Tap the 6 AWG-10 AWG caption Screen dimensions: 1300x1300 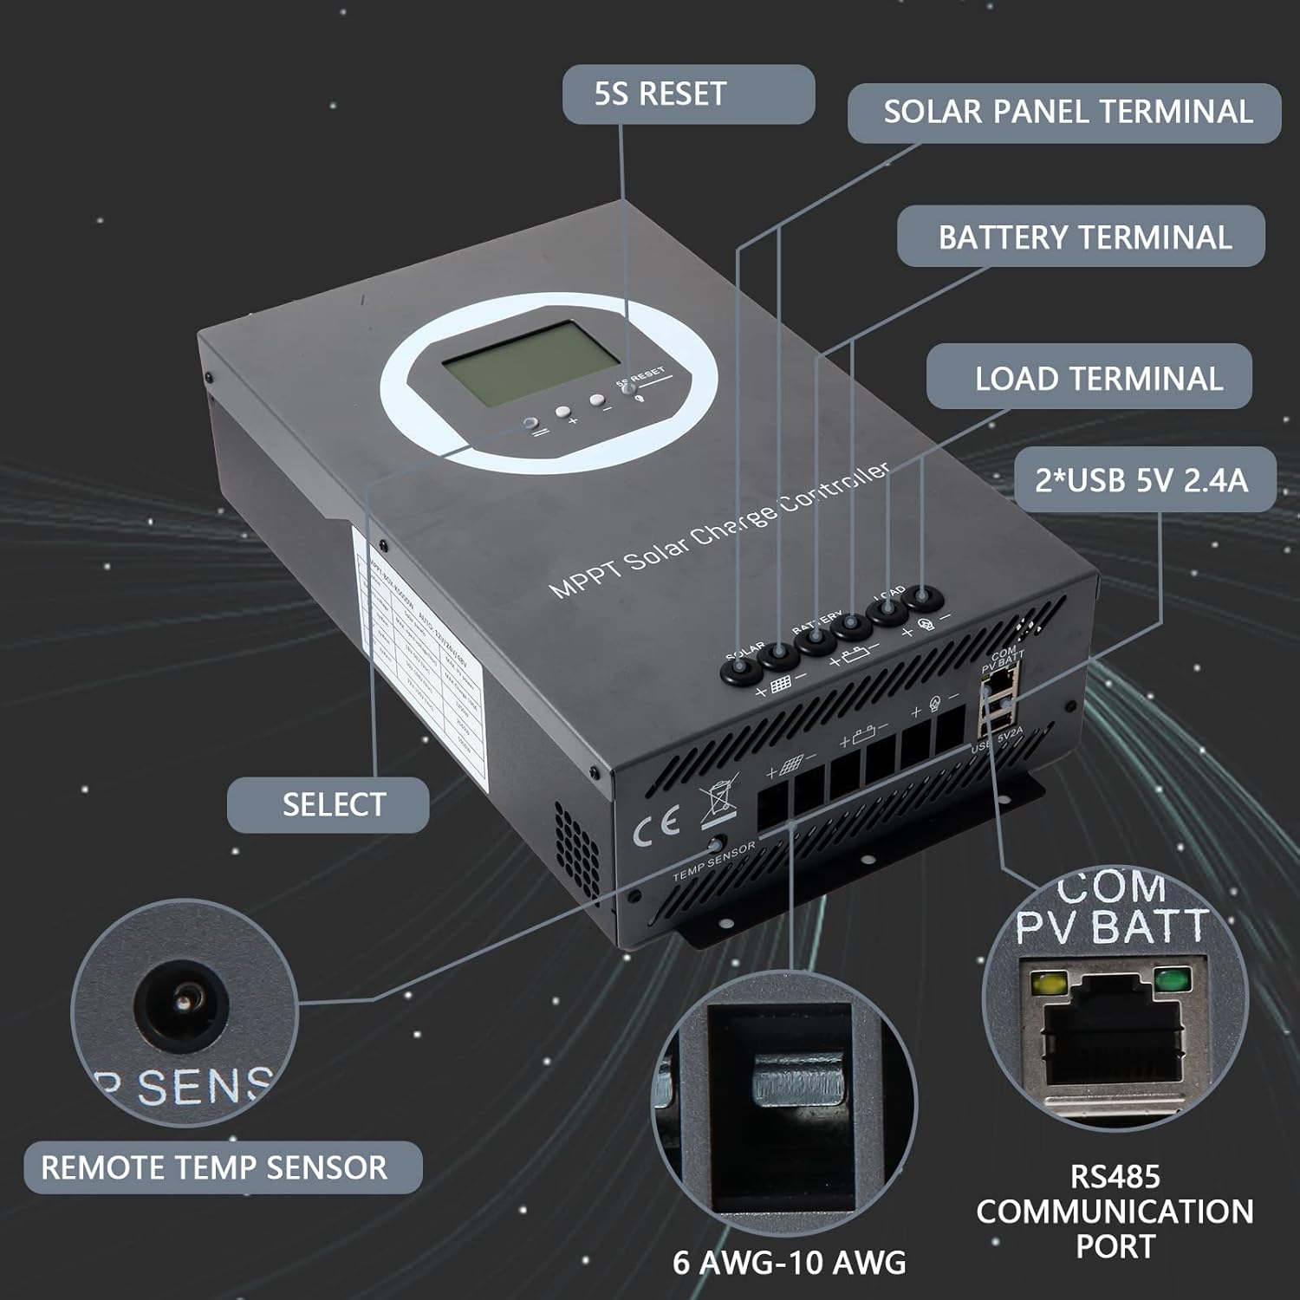point(789,1262)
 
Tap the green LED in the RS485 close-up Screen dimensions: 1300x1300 point(1173,981)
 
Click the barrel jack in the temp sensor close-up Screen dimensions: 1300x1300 point(182,1003)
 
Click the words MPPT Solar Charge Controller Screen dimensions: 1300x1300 point(719,530)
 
